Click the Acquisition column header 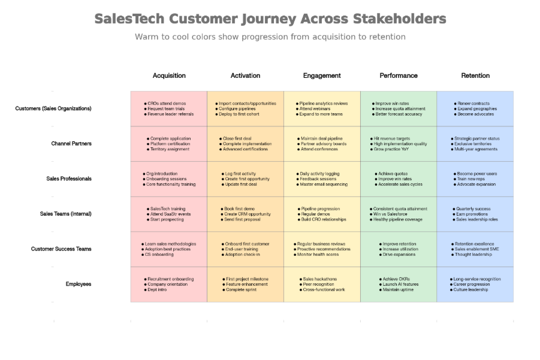(169, 76)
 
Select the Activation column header (245, 76)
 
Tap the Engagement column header (322, 76)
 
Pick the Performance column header (399, 76)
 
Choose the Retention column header (475, 76)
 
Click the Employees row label (79, 284)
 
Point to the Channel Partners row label (72, 144)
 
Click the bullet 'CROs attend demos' (167, 104)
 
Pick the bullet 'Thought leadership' (473, 255)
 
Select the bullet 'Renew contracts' (473, 104)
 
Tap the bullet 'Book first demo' (241, 209)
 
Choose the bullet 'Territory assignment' (170, 149)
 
